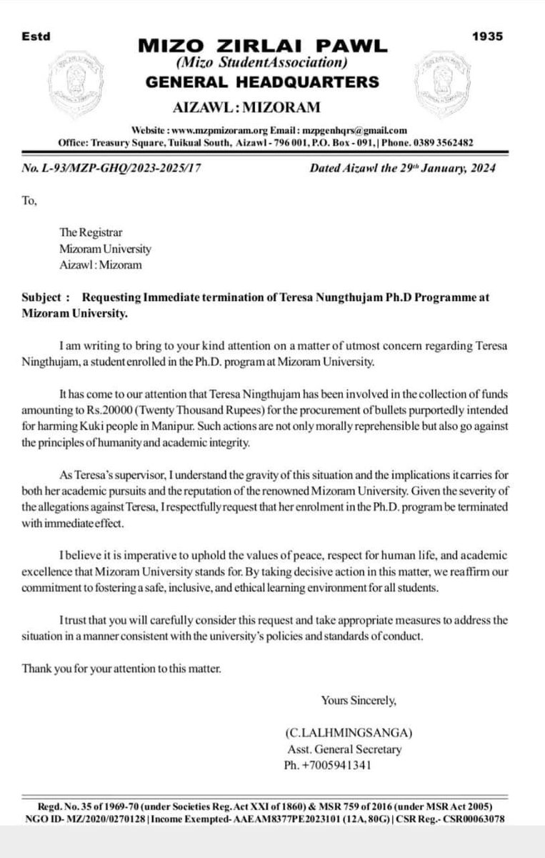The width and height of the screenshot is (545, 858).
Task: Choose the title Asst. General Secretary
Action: coord(343,750)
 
